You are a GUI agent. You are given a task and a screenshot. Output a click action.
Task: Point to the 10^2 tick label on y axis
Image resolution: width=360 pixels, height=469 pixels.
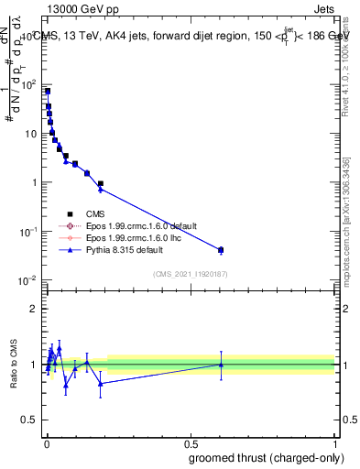pos(31,84)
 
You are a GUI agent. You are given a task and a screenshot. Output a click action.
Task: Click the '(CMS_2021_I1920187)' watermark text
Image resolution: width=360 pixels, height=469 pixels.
pos(191,274)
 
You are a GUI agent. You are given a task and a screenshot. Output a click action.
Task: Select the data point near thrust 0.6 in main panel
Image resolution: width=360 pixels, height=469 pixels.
pos(221,249)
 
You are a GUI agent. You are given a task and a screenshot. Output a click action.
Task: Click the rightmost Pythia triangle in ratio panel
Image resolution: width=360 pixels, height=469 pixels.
pos(221,365)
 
